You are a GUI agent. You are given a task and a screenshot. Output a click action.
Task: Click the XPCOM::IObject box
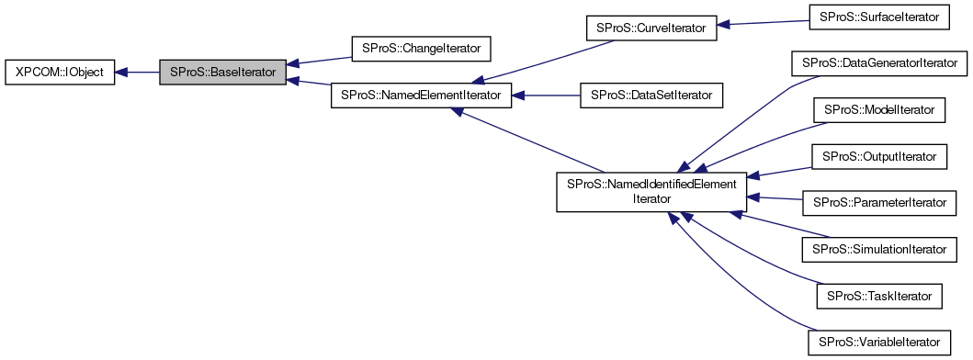point(60,72)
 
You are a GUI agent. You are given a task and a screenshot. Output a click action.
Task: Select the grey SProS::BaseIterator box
point(222,72)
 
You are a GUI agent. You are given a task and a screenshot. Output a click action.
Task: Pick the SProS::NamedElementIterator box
point(421,95)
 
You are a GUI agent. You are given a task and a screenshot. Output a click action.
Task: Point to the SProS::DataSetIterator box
point(651,95)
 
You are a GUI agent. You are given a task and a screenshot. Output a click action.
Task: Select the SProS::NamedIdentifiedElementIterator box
point(651,192)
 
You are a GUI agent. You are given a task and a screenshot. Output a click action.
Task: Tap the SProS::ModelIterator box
point(879,110)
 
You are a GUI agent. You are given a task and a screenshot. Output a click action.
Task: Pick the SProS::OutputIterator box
point(879,157)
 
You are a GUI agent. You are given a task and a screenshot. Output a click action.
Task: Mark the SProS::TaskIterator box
point(879,296)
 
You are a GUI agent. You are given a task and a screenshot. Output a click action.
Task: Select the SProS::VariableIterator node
point(879,343)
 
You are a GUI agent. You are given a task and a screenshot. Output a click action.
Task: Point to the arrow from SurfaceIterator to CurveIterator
point(763,23)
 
